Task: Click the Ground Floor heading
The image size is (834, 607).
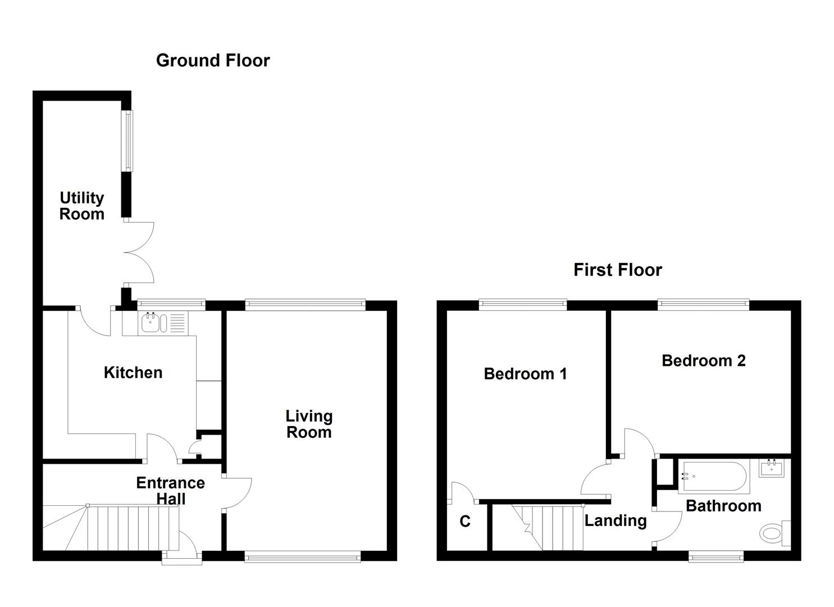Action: click(213, 60)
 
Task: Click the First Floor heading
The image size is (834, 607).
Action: click(617, 270)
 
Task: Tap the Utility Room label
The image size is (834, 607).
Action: click(82, 206)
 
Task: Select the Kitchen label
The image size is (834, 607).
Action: click(133, 373)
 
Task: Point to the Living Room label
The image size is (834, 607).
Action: click(309, 424)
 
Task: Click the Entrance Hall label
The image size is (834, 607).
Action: click(170, 491)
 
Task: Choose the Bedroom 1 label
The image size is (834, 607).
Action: click(525, 374)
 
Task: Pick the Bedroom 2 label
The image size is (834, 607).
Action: click(703, 360)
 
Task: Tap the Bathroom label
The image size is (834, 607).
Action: click(723, 506)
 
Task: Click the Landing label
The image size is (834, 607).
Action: click(616, 520)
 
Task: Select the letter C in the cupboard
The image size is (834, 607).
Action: click(465, 522)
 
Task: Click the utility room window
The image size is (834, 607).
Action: click(129, 141)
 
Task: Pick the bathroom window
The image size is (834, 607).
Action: click(716, 558)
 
